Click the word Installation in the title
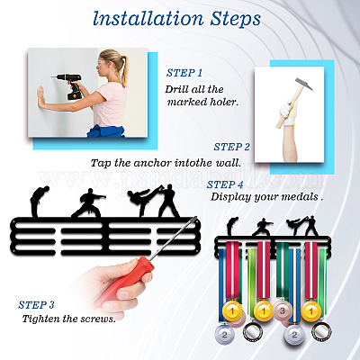pos(148,19)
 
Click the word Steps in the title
pos(235,20)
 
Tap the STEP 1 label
pos(184,73)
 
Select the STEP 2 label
pos(232,147)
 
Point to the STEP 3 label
pos(36,305)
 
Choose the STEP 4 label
pos(225,184)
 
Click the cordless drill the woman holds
pos(69,85)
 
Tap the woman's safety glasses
pos(103,63)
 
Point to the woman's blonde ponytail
pos(123,68)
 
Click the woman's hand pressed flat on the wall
pos(41,96)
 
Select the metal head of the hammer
pos(303,84)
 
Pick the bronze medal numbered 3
pos(283,310)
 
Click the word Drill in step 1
pos(175,89)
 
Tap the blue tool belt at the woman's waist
pos(105,131)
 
